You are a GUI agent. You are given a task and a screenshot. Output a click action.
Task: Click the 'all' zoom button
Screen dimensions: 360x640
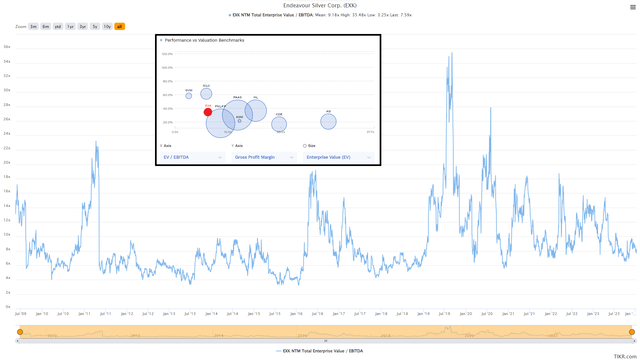120,26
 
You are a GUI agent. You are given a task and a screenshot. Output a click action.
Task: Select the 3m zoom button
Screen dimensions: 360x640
34,26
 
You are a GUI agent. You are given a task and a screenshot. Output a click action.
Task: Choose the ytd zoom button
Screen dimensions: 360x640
58,26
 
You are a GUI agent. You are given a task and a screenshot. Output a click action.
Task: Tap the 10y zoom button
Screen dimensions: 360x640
107,26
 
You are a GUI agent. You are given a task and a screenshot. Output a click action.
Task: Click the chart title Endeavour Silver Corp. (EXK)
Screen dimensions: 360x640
320,6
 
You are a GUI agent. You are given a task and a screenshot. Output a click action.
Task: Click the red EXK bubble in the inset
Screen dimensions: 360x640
208,112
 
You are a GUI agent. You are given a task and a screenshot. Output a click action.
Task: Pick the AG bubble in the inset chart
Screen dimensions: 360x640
328,121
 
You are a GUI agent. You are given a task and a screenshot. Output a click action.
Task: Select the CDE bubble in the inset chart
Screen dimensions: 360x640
279,124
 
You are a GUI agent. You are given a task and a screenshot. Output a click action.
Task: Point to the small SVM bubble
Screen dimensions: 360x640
188,96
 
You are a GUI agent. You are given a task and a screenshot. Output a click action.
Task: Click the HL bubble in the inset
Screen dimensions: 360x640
256,110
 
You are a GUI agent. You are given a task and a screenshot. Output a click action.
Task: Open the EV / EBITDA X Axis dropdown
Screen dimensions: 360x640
192,157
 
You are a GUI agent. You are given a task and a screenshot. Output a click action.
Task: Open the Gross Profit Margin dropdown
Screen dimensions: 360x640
264,157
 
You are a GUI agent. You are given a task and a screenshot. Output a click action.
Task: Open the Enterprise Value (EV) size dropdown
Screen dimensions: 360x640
338,157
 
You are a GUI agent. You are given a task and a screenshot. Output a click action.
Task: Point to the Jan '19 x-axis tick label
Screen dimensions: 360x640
423,313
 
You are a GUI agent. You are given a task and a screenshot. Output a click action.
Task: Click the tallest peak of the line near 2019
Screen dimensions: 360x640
451,53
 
